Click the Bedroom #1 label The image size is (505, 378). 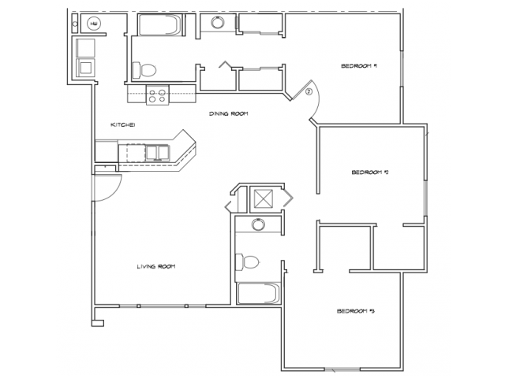tap(357, 66)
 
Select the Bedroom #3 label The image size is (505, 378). tap(354, 312)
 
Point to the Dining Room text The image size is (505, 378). tap(229, 114)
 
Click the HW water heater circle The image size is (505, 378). tap(93, 24)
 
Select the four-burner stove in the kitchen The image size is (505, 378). tap(158, 95)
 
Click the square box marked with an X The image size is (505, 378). tap(262, 198)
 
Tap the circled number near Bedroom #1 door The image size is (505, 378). tap(309, 92)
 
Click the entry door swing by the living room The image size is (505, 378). tap(107, 188)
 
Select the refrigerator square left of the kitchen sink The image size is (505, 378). tap(107, 150)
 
